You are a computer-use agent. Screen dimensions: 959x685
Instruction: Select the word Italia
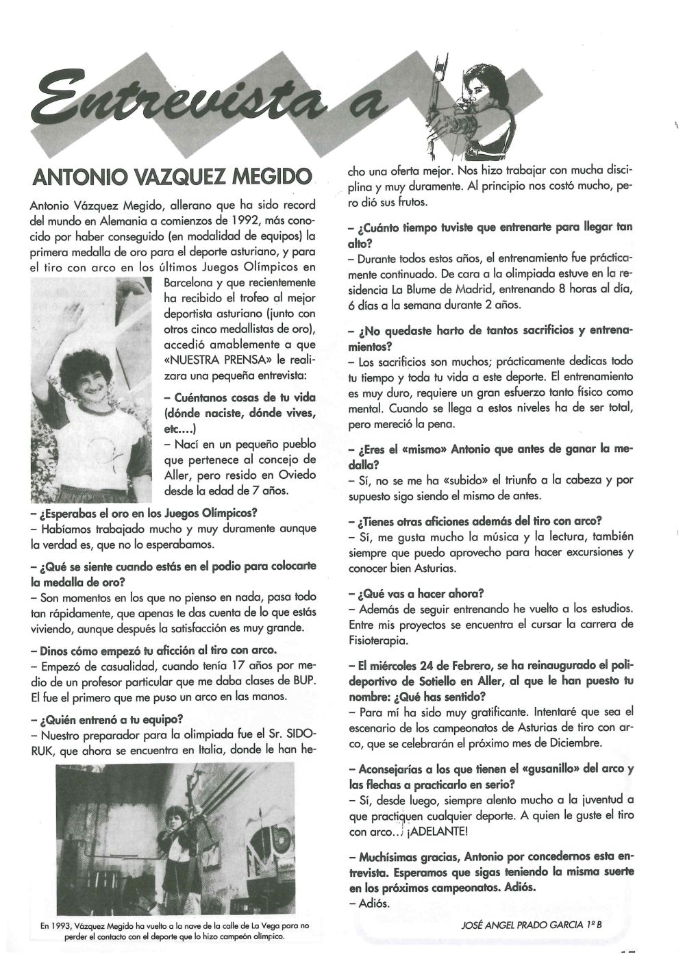pyautogui.click(x=209, y=750)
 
